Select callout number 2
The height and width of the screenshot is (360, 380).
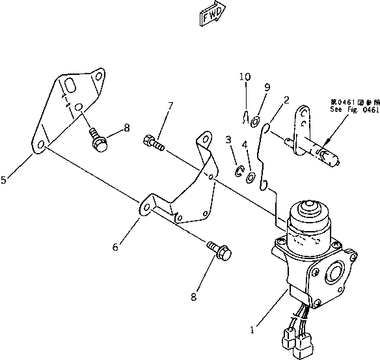pyautogui.click(x=286, y=100)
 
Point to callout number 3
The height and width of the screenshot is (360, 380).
pyautogui.click(x=228, y=139)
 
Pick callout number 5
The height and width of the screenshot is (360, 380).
pyautogui.click(x=5, y=180)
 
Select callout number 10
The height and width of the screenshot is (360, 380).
pyautogui.click(x=244, y=77)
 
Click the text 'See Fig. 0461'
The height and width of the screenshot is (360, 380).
pyautogui.click(x=354, y=111)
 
